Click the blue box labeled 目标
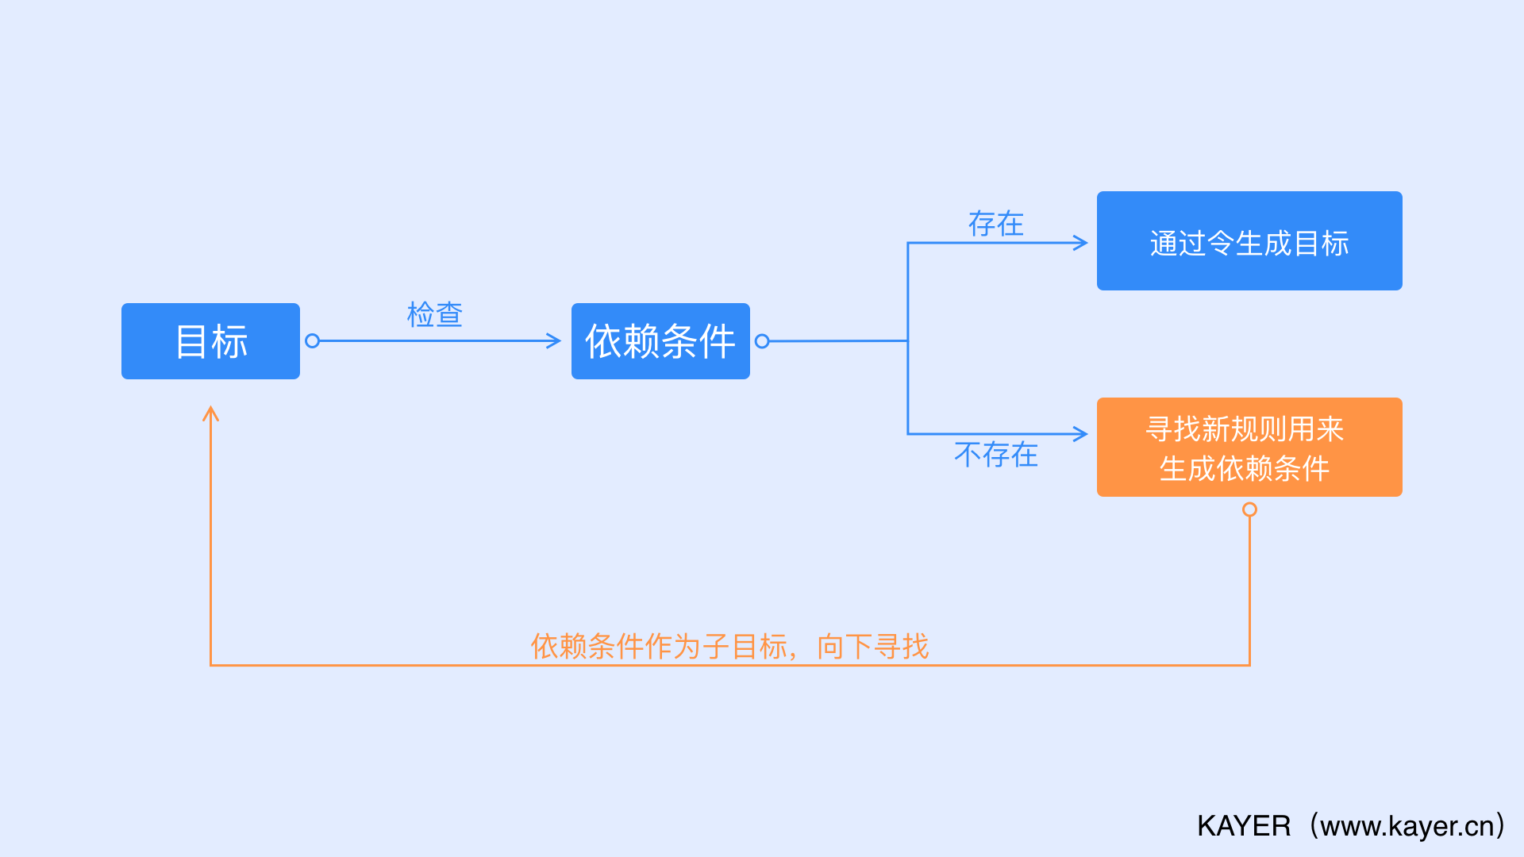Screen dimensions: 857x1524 (x=210, y=341)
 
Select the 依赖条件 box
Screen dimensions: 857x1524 (x=660, y=341)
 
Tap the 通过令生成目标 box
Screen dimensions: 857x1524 (x=1249, y=241)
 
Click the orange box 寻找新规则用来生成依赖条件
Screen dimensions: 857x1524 (x=1249, y=448)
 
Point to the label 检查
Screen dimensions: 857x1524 (x=434, y=315)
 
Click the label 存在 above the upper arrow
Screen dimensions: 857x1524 (x=995, y=224)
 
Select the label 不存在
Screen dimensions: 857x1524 (x=995, y=455)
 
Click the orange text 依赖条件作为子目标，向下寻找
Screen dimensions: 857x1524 (x=729, y=647)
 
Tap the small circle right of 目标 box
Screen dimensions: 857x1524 (x=312, y=341)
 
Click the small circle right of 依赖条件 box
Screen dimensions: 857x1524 (x=762, y=341)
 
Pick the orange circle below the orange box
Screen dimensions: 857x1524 (x=1249, y=509)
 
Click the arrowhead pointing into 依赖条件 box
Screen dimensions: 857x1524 (x=554, y=341)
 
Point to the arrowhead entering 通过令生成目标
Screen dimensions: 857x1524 (x=1080, y=243)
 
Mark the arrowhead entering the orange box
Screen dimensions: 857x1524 (x=1080, y=434)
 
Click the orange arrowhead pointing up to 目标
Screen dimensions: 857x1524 (x=210, y=413)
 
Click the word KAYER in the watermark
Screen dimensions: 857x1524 (x=1244, y=826)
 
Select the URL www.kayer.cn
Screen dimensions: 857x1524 (x=1407, y=826)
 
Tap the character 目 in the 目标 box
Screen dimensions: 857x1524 (x=191, y=341)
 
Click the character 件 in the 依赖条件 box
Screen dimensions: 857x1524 (x=717, y=341)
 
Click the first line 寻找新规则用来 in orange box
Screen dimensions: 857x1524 (x=1245, y=429)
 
